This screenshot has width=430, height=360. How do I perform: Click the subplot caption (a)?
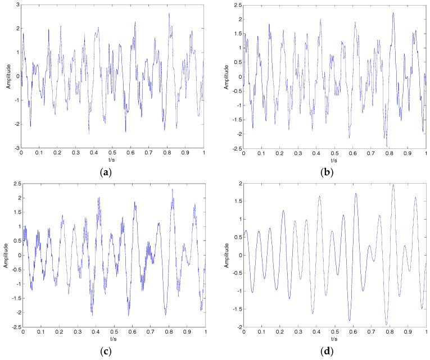(112, 172)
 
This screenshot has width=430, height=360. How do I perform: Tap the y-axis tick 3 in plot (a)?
(17, 4)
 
